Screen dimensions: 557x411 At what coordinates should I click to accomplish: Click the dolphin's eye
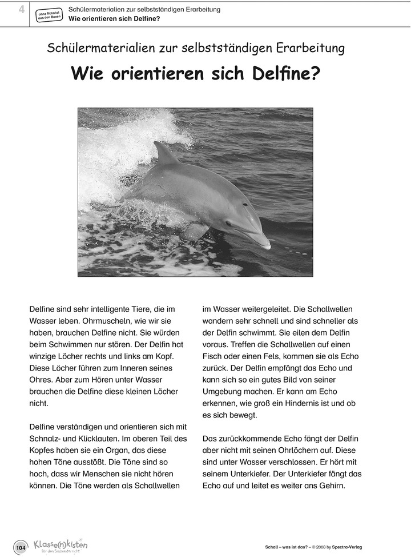point(245,204)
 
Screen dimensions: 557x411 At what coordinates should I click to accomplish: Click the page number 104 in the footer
point(21,548)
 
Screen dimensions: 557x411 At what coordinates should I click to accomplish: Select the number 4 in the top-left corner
point(21,9)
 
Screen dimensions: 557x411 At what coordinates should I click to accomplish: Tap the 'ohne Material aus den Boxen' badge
point(49,15)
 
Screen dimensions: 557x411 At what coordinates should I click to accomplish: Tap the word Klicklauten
point(104,439)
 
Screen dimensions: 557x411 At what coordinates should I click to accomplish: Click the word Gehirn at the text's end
point(331,486)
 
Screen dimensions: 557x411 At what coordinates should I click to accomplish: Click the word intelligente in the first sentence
point(108,309)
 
